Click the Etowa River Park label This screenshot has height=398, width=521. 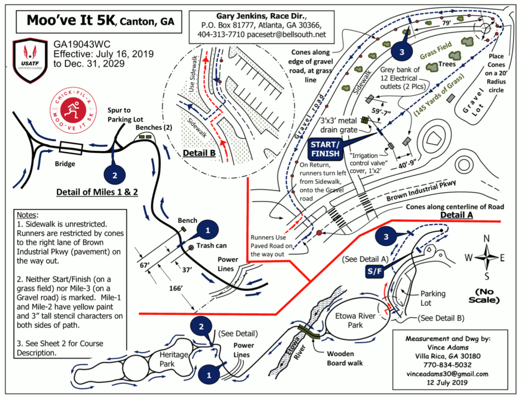355,320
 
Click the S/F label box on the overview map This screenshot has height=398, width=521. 374,272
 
